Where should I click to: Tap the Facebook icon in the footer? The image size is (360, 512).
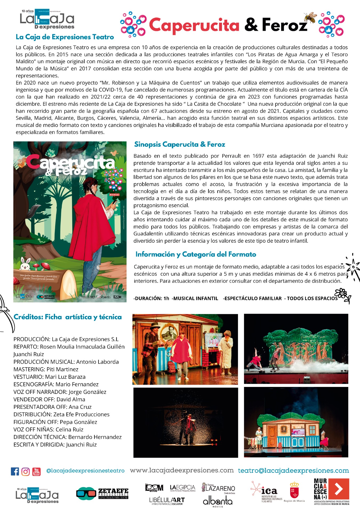(15, 471)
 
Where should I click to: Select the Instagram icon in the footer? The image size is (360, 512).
(26, 471)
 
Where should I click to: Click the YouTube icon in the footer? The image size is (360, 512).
(37, 471)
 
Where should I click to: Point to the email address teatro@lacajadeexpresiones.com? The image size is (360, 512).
(293, 471)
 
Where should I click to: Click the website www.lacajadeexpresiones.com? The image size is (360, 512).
(182, 470)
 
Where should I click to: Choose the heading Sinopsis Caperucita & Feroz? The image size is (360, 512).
(180, 145)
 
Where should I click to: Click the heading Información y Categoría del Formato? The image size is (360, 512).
(196, 254)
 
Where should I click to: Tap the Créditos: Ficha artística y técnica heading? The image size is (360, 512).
(67, 317)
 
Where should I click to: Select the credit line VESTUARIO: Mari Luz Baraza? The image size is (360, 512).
(50, 377)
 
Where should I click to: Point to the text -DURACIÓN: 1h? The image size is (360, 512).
(151, 298)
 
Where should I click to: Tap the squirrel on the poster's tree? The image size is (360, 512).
(22, 162)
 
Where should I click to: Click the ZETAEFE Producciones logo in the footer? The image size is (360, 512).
(102, 494)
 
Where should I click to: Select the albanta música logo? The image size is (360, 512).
(217, 501)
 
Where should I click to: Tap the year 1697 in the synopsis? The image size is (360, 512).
(258, 156)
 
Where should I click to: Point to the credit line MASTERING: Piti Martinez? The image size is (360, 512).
(46, 369)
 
